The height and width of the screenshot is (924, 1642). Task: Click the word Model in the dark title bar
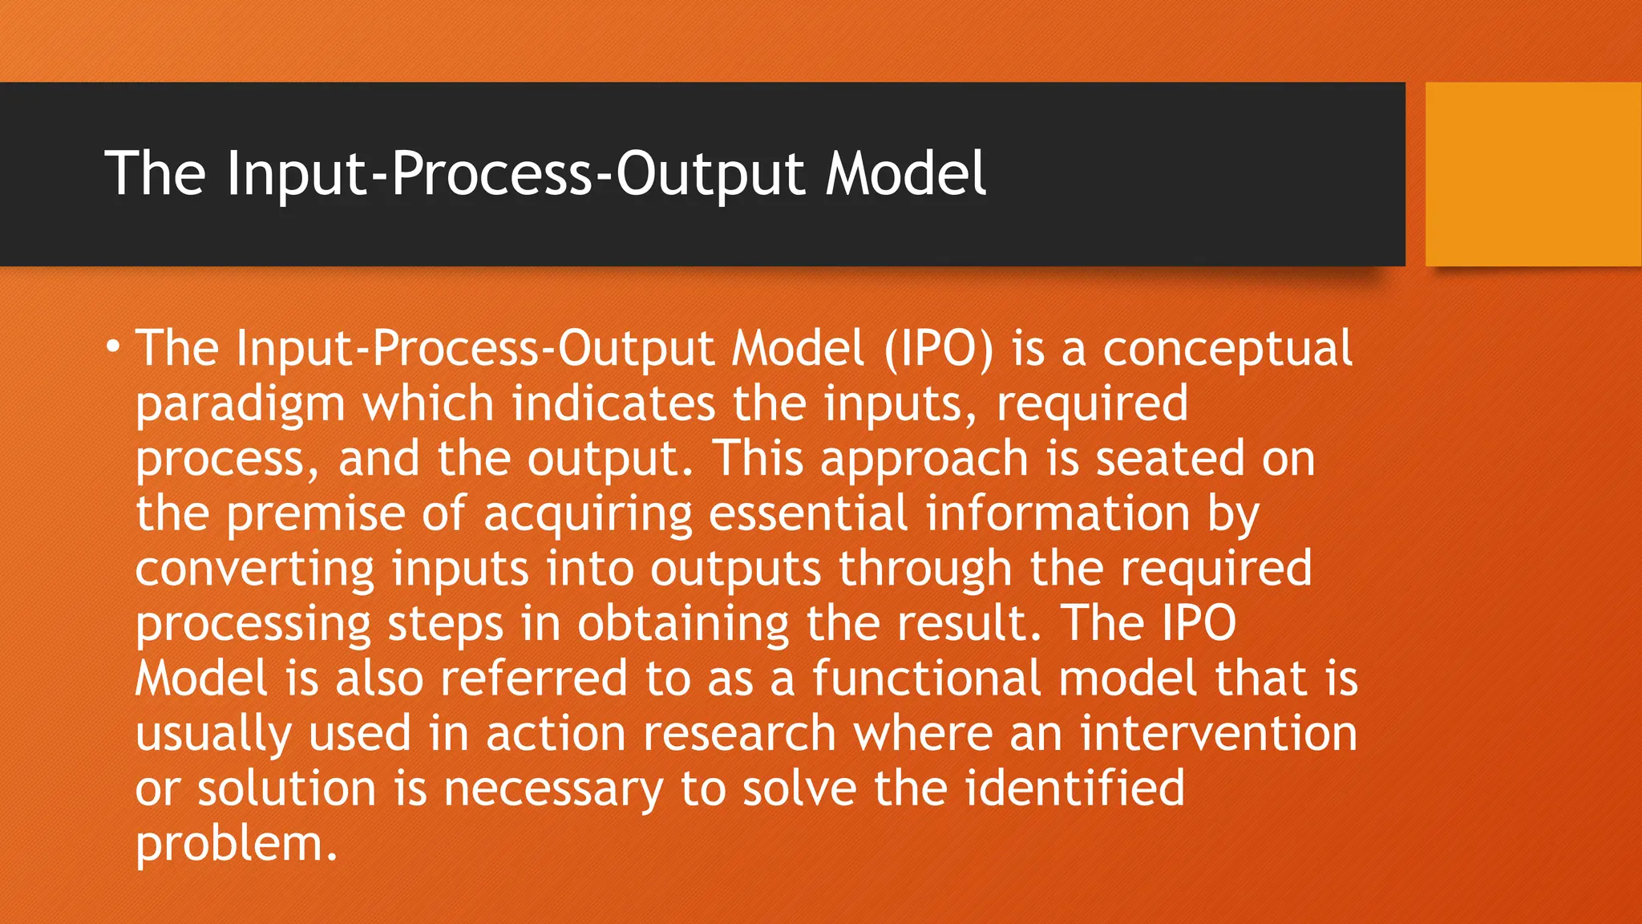906,173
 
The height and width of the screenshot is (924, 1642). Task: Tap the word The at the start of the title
156,173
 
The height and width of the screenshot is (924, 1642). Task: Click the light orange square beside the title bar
1533,173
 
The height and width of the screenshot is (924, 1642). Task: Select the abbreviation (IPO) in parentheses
939,349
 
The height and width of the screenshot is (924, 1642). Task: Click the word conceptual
1227,349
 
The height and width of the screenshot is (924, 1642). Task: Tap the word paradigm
240,404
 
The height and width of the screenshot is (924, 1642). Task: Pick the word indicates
613,403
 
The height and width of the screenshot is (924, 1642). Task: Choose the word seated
1170,459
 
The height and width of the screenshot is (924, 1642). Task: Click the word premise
315,514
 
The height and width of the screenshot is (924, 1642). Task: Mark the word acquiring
588,514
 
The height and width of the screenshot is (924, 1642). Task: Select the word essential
808,513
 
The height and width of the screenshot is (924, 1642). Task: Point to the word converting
254,569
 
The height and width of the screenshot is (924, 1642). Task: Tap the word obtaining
683,624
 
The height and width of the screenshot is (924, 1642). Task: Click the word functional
926,678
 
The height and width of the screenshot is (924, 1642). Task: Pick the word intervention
1218,733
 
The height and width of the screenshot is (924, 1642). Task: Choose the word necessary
553,788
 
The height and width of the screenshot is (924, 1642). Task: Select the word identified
1074,788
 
